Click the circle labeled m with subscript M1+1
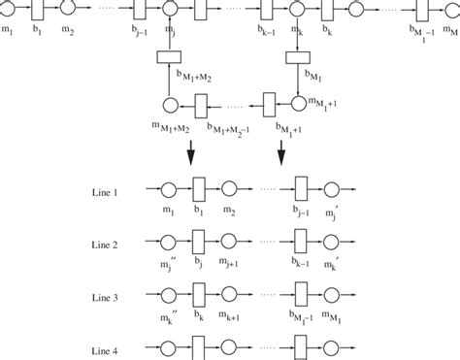pos(297,102)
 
